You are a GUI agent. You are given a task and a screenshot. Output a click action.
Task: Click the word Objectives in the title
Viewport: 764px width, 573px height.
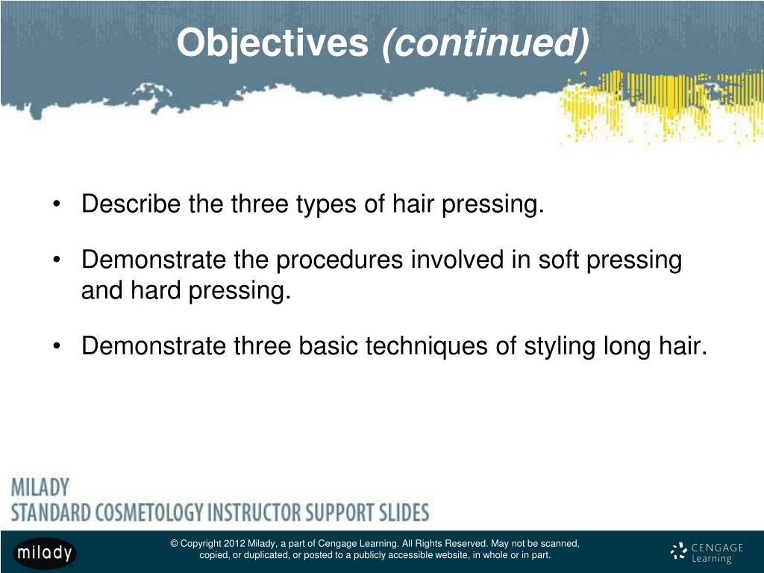point(274,44)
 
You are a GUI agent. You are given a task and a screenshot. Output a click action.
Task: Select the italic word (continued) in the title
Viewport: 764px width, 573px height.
point(485,44)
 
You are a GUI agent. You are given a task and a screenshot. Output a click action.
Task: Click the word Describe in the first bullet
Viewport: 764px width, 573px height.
point(131,204)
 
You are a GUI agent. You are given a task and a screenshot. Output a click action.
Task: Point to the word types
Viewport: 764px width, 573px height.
point(327,204)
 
